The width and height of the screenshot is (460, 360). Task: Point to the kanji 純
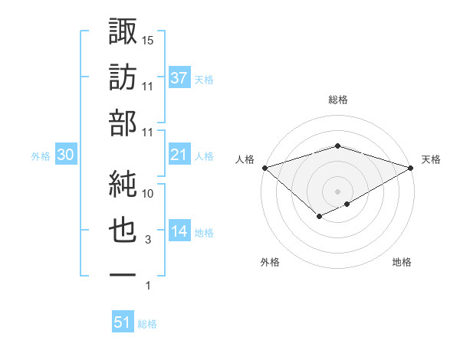point(123,182)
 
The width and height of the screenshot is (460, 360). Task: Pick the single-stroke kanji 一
point(123,273)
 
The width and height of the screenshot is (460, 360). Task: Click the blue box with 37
point(179,77)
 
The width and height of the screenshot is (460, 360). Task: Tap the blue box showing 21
point(179,155)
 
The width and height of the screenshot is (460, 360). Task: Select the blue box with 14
point(179,232)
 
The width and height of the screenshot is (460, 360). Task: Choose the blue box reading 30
point(66,155)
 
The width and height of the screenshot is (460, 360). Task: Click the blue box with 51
point(123,322)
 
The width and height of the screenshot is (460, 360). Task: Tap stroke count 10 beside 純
point(149,194)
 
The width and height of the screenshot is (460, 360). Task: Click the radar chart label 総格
point(337,100)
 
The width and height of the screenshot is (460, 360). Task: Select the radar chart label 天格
point(431,159)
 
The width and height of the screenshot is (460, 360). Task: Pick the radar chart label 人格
point(245,159)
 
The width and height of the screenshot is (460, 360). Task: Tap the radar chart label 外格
point(270,262)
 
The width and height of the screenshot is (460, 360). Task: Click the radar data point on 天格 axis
point(411,167)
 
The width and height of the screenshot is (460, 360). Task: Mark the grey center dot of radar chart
point(337,191)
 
